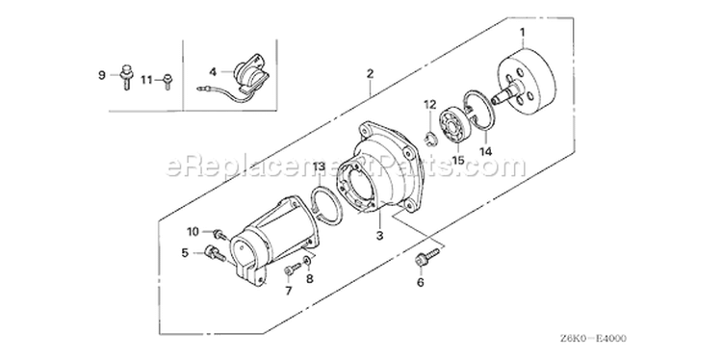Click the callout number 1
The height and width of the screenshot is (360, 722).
click(523, 32)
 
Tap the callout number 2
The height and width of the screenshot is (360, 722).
click(370, 74)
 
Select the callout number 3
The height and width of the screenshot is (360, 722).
click(379, 236)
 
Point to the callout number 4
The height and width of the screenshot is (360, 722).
click(213, 72)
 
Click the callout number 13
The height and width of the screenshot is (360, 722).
click(320, 166)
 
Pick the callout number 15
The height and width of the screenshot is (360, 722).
click(458, 161)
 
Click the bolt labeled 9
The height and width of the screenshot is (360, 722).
click(126, 77)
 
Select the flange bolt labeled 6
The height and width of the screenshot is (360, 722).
click(426, 257)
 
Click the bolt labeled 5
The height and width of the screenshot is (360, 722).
click(215, 253)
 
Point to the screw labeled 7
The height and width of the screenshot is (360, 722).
click(293, 269)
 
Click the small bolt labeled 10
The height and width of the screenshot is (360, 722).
click(221, 234)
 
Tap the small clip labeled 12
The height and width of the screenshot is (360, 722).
click(429, 139)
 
